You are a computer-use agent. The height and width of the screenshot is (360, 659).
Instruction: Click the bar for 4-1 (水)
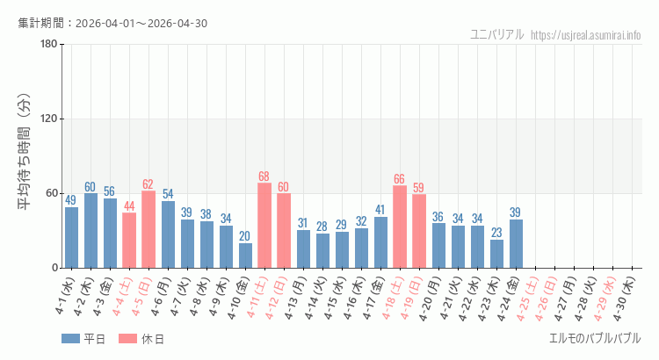(71, 237)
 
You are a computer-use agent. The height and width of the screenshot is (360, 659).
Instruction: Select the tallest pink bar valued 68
(264, 226)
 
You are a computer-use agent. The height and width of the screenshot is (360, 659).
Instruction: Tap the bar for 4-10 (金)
(245, 256)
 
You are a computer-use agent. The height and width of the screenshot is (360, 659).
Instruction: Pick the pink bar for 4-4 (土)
(129, 241)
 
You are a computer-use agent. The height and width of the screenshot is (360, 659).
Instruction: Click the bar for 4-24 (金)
(516, 243)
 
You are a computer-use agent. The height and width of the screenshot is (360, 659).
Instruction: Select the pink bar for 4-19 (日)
(419, 231)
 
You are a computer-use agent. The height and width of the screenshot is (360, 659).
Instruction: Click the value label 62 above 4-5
(148, 184)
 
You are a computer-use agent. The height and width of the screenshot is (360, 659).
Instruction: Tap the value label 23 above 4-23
(496, 233)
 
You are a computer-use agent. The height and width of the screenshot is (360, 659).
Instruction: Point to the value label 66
(400, 179)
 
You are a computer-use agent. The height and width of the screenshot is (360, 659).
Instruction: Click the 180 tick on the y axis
(49, 45)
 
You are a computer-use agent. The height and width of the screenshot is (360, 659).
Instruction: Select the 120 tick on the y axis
(49, 119)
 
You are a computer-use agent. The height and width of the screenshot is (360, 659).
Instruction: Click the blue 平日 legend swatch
(70, 339)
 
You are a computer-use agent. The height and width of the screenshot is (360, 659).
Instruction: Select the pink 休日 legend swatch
(127, 339)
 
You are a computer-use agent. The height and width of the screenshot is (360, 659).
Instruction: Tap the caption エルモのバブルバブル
(595, 338)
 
